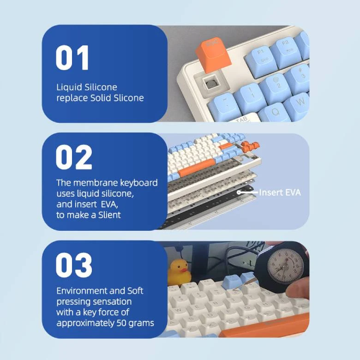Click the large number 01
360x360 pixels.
click(72, 58)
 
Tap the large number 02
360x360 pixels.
click(74, 157)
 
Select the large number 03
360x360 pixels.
click(74, 265)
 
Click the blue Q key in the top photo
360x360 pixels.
click(275, 113)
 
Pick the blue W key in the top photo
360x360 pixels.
click(299, 103)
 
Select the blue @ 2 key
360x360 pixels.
click(276, 85)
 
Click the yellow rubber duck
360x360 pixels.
click(179, 272)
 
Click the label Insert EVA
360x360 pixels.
click(280, 192)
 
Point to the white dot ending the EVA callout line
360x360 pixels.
click(239, 192)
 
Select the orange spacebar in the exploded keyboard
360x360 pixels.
click(197, 168)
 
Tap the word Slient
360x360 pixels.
click(109, 215)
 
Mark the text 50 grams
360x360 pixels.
click(135, 323)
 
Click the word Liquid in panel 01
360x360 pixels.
click(69, 88)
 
